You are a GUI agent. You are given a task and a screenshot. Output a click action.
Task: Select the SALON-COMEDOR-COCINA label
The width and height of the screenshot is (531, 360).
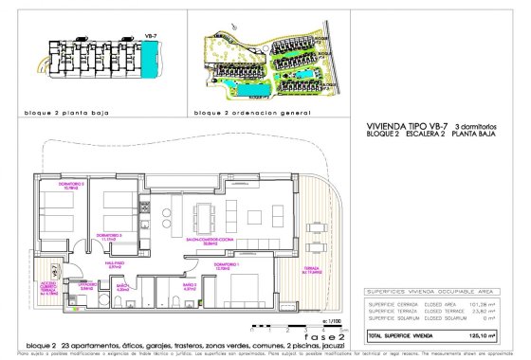pos(229,242)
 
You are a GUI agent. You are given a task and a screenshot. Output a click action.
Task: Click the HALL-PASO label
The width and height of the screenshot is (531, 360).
pos(116,266)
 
